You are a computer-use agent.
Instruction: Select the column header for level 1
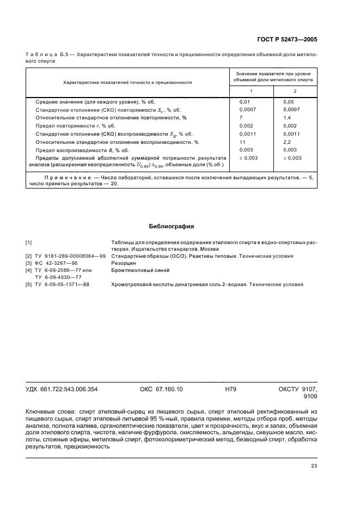(x=251, y=90)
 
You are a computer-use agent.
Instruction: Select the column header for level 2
(x=295, y=90)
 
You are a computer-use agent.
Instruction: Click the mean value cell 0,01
(x=245, y=102)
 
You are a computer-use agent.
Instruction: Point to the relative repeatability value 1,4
(x=287, y=118)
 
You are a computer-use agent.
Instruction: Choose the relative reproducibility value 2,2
(x=287, y=142)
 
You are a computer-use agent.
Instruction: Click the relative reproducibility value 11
(x=242, y=142)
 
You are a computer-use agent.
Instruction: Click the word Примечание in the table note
(x=63, y=178)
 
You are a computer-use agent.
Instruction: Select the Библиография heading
(x=172, y=226)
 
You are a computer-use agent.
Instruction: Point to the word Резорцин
(x=123, y=263)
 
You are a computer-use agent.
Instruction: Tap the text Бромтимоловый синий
(x=140, y=270)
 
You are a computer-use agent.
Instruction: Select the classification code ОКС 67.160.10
(x=162, y=389)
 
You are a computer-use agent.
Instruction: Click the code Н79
(x=230, y=389)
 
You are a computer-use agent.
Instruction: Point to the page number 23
(x=314, y=465)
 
